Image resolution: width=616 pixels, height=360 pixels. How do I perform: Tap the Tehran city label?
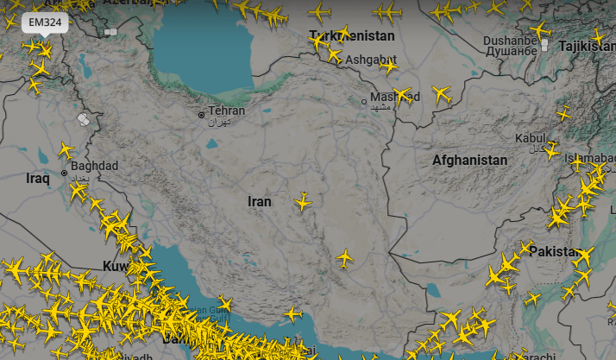(x=226, y=111)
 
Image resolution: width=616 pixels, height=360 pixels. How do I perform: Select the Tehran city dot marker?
(x=201, y=113)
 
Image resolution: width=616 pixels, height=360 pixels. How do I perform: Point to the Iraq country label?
(x=39, y=179)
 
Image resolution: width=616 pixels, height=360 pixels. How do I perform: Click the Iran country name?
(x=259, y=201)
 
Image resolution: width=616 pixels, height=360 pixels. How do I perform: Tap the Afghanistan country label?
(x=469, y=161)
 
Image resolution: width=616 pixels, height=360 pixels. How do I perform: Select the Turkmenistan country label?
(x=352, y=36)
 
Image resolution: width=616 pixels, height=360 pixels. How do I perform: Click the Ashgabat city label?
(x=370, y=60)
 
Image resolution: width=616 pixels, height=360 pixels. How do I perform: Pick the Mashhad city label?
(x=394, y=96)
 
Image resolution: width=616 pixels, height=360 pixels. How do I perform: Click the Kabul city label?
(x=531, y=138)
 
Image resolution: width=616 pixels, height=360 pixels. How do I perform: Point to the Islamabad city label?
(x=592, y=160)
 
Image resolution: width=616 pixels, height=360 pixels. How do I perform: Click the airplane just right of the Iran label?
(x=303, y=201)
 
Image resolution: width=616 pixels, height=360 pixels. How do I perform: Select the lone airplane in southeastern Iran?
(x=344, y=257)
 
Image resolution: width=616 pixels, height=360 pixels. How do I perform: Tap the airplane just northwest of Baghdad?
(x=66, y=151)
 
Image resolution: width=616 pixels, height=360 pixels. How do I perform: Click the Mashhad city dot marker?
(x=364, y=101)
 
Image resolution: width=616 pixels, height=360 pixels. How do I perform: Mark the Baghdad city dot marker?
(x=64, y=173)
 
